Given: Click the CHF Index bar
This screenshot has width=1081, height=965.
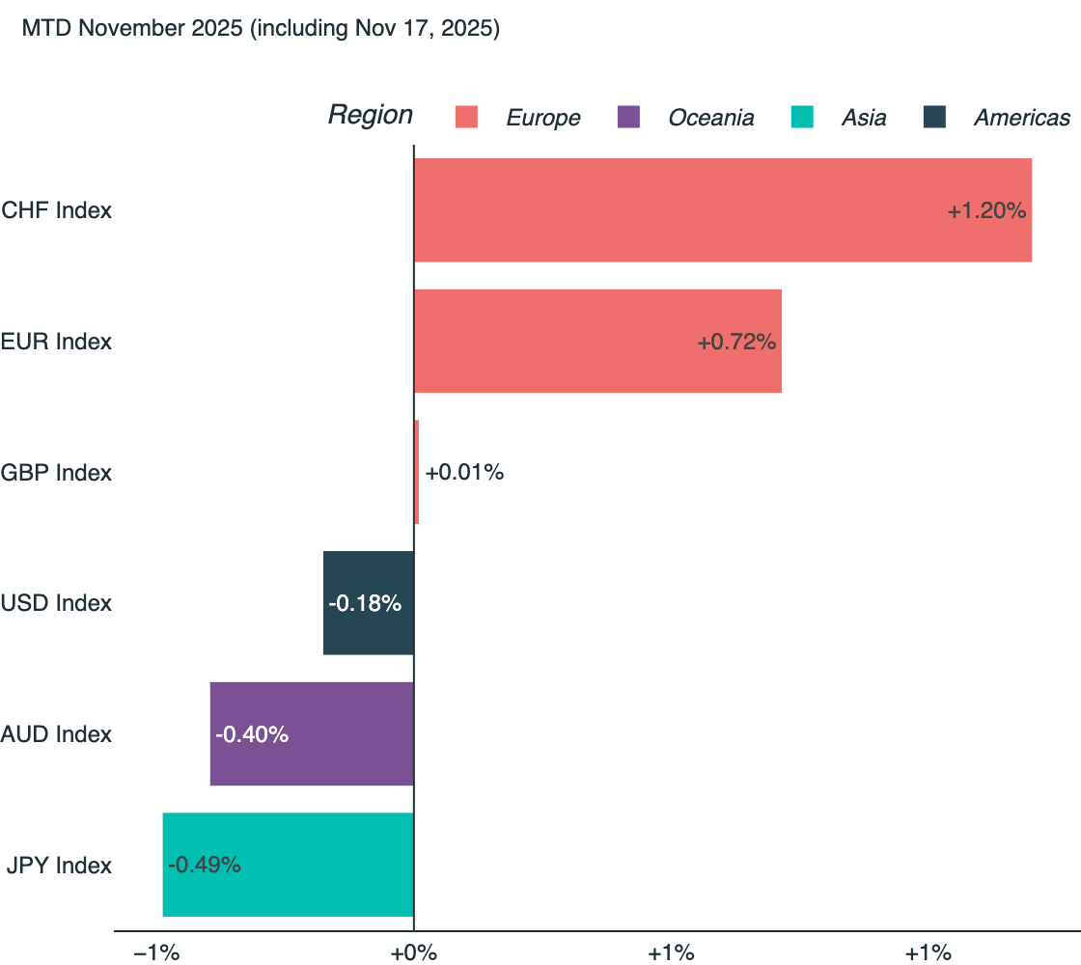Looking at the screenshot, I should tap(722, 210).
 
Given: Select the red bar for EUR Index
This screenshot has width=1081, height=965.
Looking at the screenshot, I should tap(596, 342).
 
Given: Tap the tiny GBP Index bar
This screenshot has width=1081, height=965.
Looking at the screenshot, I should tap(416, 473).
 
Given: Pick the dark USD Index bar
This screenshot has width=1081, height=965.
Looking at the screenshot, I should tap(368, 603).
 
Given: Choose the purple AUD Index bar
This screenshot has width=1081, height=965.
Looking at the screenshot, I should tap(311, 734).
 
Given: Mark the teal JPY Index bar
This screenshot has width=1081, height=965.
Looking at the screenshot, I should tap(288, 865).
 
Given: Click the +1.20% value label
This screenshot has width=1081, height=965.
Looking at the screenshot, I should tap(985, 210).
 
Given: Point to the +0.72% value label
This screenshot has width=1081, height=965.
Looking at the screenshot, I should tap(736, 342).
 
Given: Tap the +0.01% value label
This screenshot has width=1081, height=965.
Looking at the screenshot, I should tap(464, 473).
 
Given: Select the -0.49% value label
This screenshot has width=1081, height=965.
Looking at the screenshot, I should tap(205, 865).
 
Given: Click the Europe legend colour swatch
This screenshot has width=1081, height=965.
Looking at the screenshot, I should tap(467, 118).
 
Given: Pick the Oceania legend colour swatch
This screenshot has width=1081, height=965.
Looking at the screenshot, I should tap(628, 118).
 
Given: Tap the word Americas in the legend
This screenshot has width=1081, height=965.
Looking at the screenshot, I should tap(1021, 118).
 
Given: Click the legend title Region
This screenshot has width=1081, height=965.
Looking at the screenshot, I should tap(370, 115).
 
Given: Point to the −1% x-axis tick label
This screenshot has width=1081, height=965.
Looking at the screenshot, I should tap(156, 953).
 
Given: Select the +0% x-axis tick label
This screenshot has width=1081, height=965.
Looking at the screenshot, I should tap(413, 953).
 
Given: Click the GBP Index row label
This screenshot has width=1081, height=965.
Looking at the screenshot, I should tap(56, 473).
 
